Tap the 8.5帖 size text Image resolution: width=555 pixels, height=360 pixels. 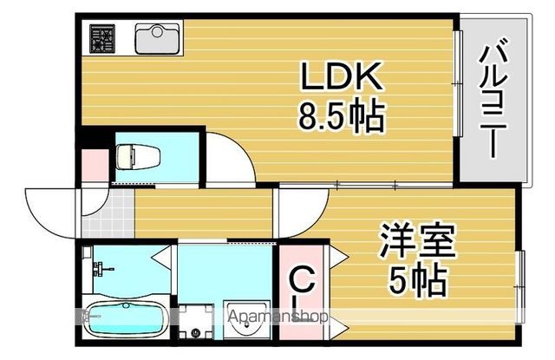point(341,116)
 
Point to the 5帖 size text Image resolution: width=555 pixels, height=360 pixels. point(417,278)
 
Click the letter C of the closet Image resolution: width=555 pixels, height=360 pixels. point(301,280)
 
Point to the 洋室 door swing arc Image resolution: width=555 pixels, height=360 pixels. point(304,213)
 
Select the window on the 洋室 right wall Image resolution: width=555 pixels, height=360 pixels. point(521,278)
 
